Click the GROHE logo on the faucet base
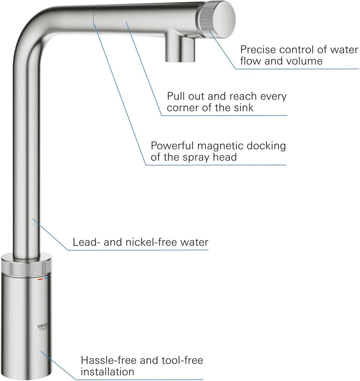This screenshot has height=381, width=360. click(43, 327)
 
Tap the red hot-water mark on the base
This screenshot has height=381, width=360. click(40, 279)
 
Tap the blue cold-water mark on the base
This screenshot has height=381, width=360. click(46, 277)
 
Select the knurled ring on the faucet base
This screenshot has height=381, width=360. click(25, 268)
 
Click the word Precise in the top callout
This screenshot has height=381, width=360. click(258, 49)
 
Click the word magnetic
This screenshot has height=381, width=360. click(220, 146)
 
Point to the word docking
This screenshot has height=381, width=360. click(266, 146)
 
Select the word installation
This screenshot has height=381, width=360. click(107, 372)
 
